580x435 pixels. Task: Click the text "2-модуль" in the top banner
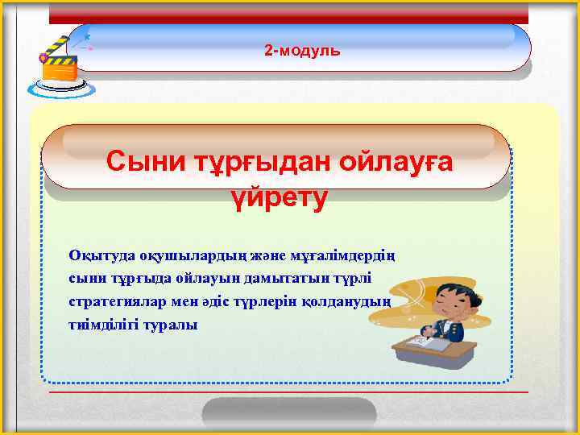302,51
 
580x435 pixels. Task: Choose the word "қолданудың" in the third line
354,302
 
